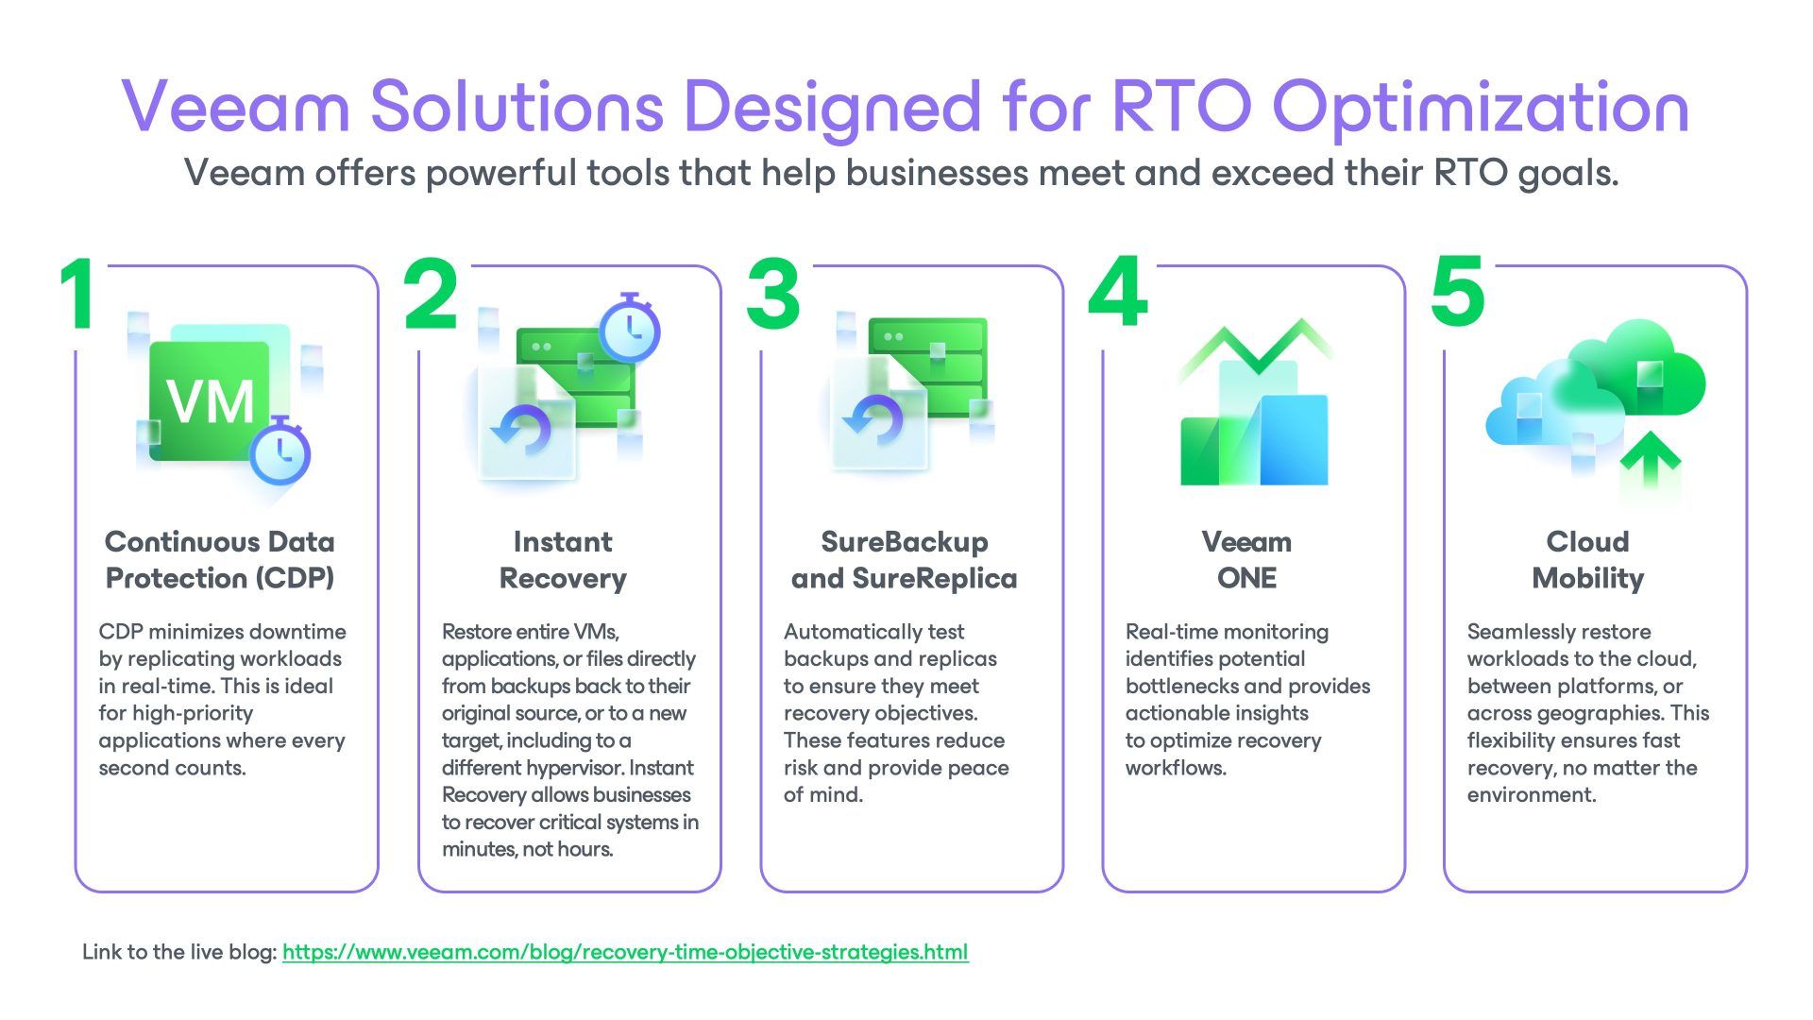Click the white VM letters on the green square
211,402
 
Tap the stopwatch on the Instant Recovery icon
631,329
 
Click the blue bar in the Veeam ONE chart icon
1295,440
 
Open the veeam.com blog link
625,952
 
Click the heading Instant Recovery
563,559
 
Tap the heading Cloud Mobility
1588,559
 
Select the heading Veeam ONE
1246,559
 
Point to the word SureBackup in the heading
904,542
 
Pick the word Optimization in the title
1481,108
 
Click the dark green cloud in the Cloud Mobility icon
1643,368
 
